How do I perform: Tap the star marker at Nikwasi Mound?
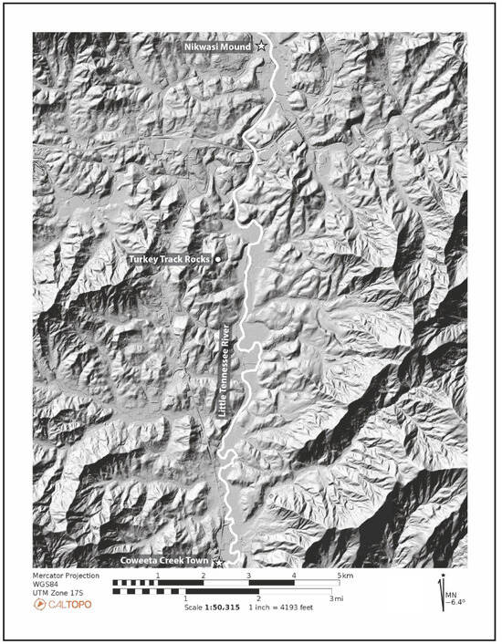262,45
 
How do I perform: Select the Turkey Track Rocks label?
170,260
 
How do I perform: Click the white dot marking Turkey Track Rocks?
218,260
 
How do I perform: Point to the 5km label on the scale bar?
343,576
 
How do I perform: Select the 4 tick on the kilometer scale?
294,576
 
